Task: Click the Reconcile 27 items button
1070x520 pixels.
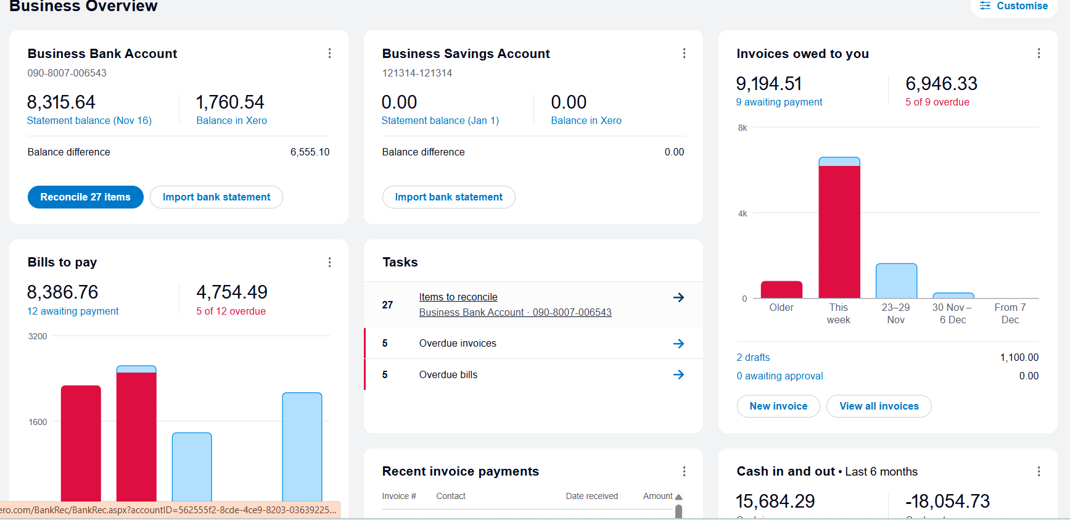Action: click(x=85, y=197)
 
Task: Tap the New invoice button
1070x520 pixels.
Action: click(x=778, y=407)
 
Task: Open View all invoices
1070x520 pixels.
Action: click(x=879, y=407)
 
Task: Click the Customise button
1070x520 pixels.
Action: click(x=1014, y=6)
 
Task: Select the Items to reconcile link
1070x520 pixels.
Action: click(x=458, y=297)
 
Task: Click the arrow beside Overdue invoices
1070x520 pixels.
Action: click(x=678, y=344)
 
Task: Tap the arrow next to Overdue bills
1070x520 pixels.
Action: click(x=678, y=374)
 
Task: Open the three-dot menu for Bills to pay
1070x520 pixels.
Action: click(x=330, y=263)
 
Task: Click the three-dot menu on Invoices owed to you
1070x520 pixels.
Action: click(x=1039, y=54)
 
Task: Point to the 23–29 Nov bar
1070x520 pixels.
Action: click(x=896, y=281)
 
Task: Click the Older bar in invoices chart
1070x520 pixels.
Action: click(x=781, y=290)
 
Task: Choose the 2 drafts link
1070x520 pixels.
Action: click(x=753, y=358)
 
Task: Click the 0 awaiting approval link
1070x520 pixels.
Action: click(x=780, y=376)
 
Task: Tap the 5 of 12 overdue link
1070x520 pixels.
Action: click(x=231, y=312)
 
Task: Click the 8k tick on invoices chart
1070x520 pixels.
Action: click(x=743, y=128)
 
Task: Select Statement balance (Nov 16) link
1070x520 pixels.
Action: click(x=89, y=121)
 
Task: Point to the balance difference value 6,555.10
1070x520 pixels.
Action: click(x=310, y=152)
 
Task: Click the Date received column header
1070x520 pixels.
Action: click(x=591, y=497)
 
